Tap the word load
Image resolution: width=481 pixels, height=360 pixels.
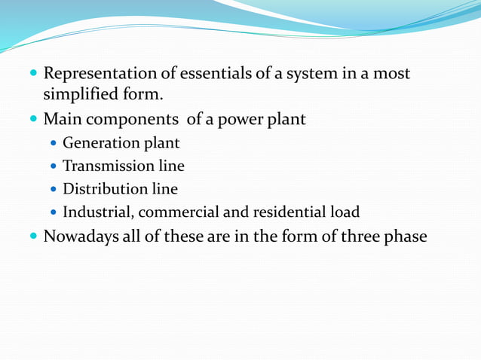344,212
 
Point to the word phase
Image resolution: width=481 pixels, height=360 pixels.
404,237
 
